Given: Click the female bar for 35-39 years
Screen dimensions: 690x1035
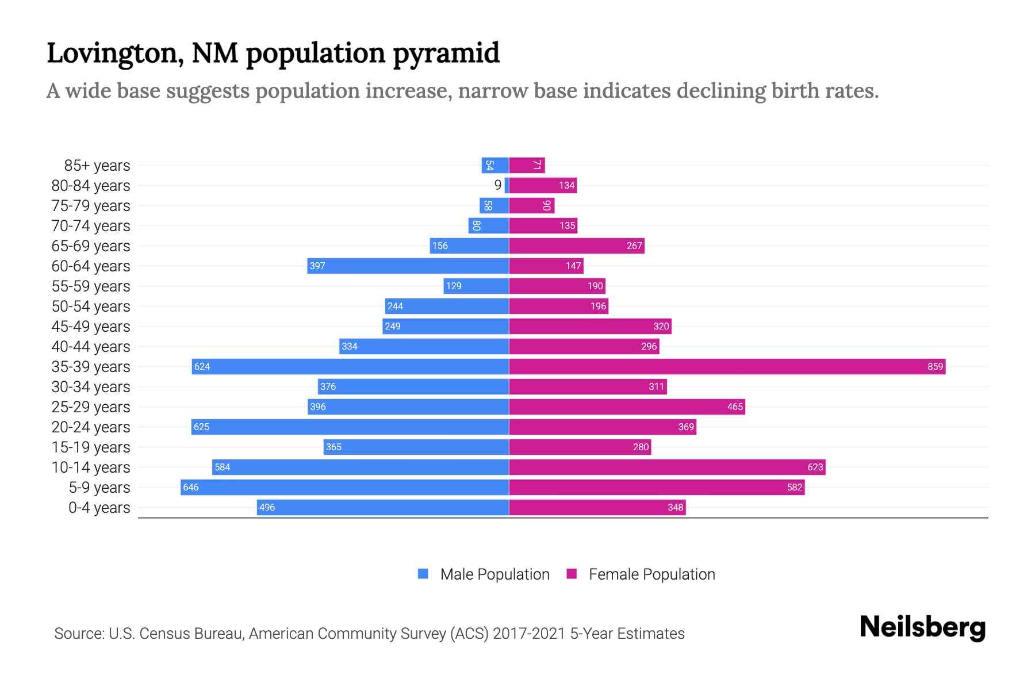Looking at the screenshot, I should (727, 366).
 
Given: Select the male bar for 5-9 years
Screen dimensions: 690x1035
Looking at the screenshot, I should (345, 487).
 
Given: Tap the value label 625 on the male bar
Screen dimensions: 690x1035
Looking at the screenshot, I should (201, 427).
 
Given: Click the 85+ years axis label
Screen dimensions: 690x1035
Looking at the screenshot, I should (97, 166).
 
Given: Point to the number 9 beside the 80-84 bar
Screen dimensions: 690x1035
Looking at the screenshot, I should (498, 185).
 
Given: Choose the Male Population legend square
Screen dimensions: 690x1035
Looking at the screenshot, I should (423, 574).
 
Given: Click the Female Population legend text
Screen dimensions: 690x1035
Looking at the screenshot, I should (651, 574).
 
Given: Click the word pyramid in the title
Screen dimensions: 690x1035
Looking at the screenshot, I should (446, 53).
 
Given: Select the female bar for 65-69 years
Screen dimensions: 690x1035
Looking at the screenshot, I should (576, 246).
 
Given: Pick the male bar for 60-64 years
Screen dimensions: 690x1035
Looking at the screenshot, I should (408, 266).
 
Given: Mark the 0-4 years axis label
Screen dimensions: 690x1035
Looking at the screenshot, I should (99, 508).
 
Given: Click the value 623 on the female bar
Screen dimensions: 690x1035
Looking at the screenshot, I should (815, 467).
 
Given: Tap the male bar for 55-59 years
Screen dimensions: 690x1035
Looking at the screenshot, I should (476, 286).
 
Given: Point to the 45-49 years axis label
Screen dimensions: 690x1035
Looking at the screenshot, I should (91, 327).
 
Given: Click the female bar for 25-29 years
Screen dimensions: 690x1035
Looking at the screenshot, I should (627, 407).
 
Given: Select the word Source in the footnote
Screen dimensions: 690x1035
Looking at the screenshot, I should (79, 634).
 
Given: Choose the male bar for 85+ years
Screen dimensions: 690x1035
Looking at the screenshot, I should (495, 165).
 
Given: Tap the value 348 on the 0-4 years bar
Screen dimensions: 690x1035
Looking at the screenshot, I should (675, 507).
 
